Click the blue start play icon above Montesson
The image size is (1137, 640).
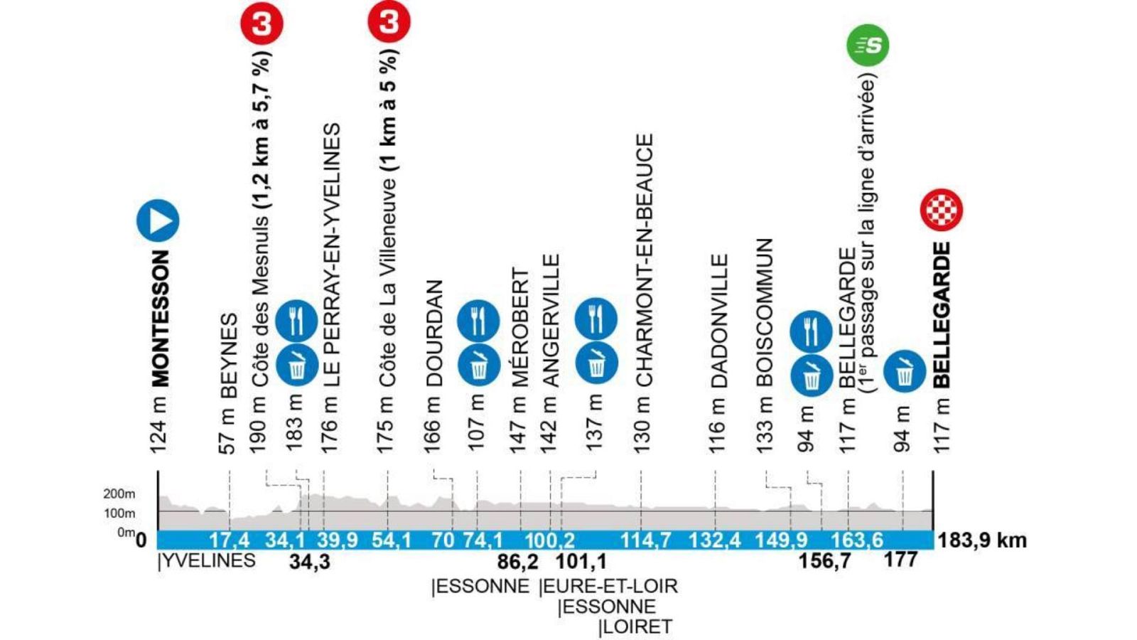click(158, 220)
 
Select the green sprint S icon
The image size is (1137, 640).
click(867, 46)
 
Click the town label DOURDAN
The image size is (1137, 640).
click(434, 334)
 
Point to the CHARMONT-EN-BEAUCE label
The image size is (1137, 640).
click(644, 260)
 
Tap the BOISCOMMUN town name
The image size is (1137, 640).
click(764, 312)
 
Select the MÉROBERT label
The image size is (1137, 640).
click(521, 328)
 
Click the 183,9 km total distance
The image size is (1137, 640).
click(982, 540)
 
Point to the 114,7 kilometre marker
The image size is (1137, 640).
click(645, 540)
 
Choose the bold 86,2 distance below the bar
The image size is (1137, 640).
click(517, 562)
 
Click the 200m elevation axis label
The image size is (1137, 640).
click(119, 494)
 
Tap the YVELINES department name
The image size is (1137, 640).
click(207, 561)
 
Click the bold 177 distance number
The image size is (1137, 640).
click(900, 560)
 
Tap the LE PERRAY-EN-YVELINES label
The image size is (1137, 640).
click(332, 255)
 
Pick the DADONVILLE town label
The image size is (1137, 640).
click(719, 321)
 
